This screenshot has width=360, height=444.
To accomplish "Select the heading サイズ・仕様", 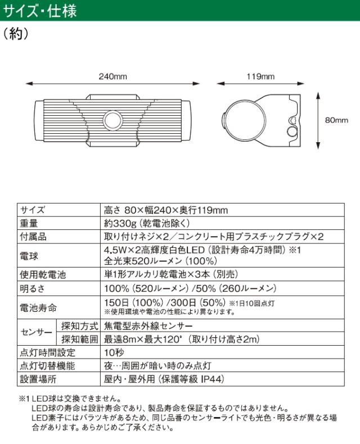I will click(40, 10).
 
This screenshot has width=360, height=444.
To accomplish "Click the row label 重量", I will click(29, 223).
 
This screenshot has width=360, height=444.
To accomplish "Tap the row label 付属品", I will click(33, 237).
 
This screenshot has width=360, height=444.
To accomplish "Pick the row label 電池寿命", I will click(37, 307).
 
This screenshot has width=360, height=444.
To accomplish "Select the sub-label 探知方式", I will click(78, 325).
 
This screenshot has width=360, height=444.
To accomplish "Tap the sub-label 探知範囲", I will click(78, 339).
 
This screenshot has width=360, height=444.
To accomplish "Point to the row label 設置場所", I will click(37, 379).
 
